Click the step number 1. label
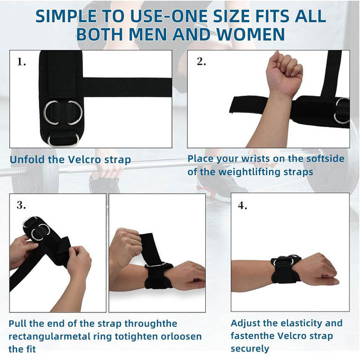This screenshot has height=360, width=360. pyautogui.click(x=21, y=61)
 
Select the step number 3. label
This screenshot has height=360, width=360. pyautogui.click(x=21, y=205)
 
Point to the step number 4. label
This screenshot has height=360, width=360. pyautogui.click(x=243, y=205)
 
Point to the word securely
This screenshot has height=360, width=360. pyautogui.click(x=250, y=348)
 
